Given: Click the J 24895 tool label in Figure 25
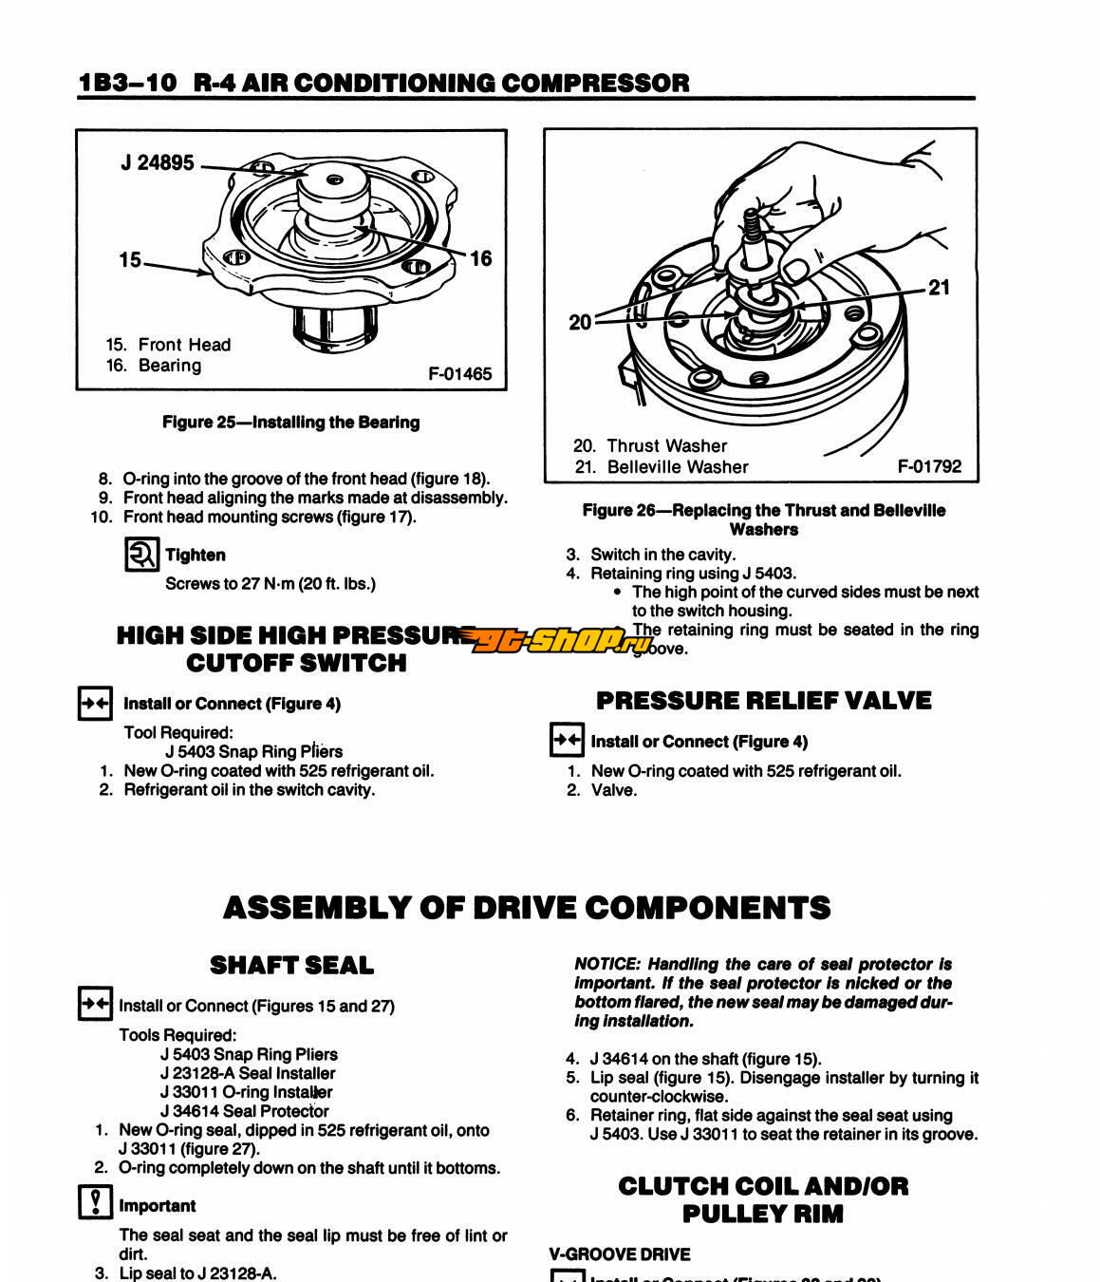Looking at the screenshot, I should coord(158,163).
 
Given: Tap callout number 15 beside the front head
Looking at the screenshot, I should coord(130,259).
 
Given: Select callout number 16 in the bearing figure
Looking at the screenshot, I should coord(481,258).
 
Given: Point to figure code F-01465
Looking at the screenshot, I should coord(460,374).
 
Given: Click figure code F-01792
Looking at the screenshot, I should coord(929,466).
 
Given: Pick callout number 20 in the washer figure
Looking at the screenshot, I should coord(580,323).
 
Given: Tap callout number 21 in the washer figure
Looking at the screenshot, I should coord(939,288).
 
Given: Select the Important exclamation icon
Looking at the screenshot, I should coord(94,1203).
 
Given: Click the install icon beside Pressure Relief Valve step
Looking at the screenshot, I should coord(567,740).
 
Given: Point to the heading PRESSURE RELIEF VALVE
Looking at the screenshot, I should coord(763,701).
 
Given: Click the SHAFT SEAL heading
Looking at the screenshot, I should coord(291,966).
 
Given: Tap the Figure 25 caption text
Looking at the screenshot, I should coord(290,423).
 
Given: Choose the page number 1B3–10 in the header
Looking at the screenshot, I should coord(127,83).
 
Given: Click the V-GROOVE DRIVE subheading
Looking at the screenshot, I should coord(620,1254).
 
